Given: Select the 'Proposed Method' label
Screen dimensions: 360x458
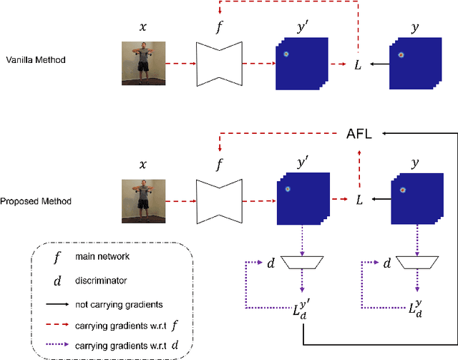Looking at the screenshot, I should point(36,201).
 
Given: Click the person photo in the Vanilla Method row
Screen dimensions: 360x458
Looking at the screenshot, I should point(142,64).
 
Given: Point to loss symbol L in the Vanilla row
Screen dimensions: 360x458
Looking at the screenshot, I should point(359,65).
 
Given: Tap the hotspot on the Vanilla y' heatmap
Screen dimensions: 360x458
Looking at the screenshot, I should point(286,54).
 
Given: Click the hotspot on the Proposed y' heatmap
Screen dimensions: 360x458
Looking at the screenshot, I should point(287,190).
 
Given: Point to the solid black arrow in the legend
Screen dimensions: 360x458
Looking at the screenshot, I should point(57,303).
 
